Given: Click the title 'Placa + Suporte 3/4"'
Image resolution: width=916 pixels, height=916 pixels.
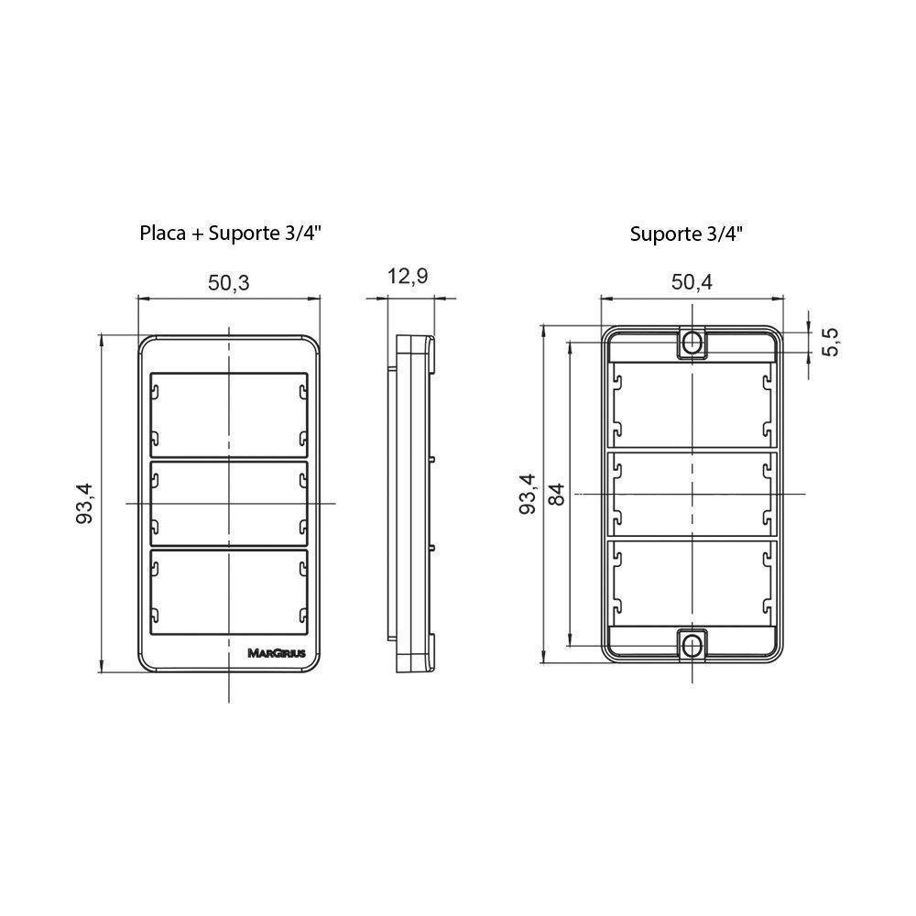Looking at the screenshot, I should tap(229, 233).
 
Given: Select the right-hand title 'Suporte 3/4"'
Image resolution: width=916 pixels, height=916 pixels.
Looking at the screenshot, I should tap(686, 233).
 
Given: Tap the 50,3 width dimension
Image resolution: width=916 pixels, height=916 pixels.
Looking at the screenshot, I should tap(228, 282).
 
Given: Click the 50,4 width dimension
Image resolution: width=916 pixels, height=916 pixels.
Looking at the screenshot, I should tap(692, 282).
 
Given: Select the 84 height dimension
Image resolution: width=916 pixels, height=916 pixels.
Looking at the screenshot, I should tap(556, 494).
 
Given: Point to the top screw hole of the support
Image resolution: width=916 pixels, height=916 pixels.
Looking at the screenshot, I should tap(692, 343).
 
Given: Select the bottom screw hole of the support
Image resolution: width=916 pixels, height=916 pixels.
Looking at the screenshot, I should tap(692, 645).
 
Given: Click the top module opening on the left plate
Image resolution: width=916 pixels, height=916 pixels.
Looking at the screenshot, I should tap(228, 412).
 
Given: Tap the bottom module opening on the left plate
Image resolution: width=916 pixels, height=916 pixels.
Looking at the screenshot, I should tap(228, 592).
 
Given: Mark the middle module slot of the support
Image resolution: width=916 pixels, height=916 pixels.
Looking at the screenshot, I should tap(692, 494).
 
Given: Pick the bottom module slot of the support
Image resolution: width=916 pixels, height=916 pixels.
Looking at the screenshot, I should tap(692, 583).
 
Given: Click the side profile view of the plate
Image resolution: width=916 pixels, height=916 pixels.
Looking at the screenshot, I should tap(412, 503).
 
